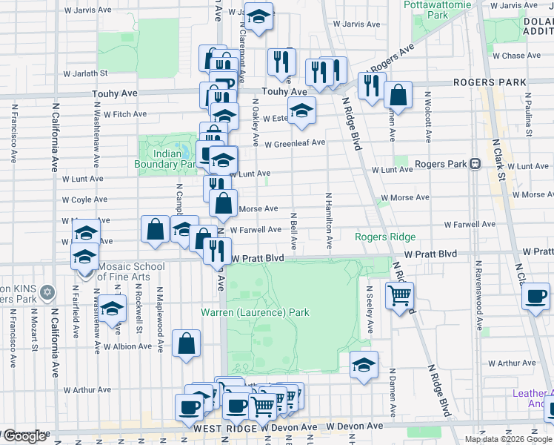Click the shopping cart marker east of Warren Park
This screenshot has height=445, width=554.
[x=400, y=295]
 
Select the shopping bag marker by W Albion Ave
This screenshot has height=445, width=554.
[x=187, y=343]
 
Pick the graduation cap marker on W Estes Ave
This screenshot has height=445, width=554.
[x=301, y=111]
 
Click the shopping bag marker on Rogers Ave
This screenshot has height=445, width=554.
[x=398, y=95]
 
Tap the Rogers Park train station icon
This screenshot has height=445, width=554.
[x=475, y=163]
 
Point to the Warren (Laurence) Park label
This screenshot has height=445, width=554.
[x=255, y=312]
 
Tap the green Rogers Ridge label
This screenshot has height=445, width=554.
[x=385, y=237]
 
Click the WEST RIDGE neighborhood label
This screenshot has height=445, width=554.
[x=224, y=428]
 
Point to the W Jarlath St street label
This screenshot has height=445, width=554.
[x=86, y=73]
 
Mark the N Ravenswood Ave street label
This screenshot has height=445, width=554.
[x=479, y=294]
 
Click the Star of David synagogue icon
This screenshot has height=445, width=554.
[x=48, y=291]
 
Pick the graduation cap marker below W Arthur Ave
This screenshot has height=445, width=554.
[x=364, y=365]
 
